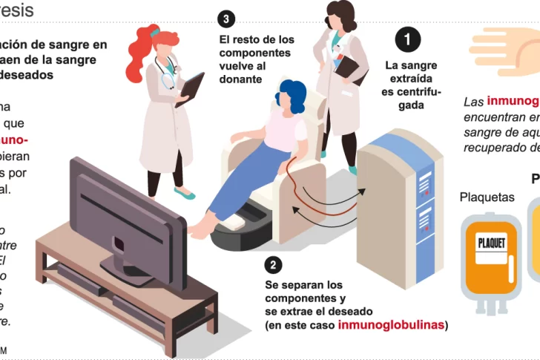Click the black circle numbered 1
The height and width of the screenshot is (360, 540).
coord(407,39)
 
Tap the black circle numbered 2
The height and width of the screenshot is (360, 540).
coord(274,265)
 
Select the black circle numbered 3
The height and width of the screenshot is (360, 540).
coord(227,19)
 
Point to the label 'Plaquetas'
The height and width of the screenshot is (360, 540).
coord(487,197)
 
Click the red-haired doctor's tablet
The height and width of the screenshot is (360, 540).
coord(189,88)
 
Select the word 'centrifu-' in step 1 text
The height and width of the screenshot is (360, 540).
coord(412,92)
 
